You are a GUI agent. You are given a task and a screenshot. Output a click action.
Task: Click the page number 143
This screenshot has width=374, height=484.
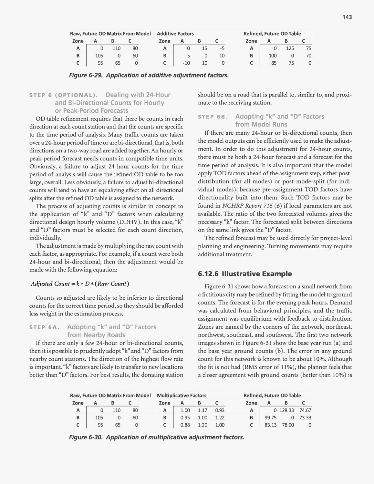347,17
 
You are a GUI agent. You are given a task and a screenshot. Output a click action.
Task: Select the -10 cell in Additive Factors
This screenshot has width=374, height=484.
186,63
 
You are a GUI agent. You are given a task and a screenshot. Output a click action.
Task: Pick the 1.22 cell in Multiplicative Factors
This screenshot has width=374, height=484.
220,417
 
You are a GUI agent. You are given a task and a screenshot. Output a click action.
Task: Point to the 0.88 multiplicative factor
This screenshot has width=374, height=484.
185,425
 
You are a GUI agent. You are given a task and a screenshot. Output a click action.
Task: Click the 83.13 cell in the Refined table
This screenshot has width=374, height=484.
271,425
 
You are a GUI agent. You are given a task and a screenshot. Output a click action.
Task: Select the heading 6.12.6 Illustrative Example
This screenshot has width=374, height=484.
245,274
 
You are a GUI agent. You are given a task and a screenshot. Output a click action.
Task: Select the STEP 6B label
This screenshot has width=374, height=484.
213,117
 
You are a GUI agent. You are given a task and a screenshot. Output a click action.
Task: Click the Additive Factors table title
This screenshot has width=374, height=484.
175,33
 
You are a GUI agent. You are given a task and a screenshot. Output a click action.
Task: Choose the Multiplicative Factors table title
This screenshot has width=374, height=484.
182,395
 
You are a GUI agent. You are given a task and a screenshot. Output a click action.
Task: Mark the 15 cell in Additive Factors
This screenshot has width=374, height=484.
204,48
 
